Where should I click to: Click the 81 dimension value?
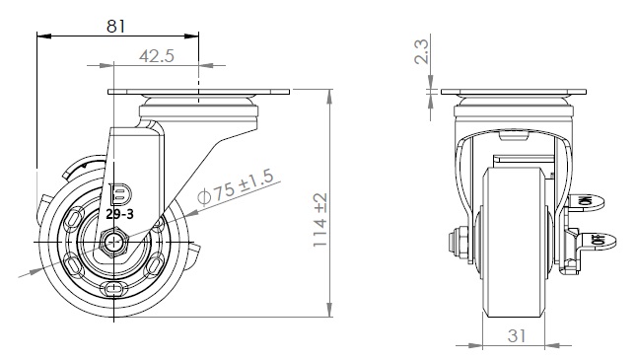[x=115, y=27]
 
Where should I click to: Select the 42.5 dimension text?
[x=157, y=55]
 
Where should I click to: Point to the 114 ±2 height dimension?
[x=320, y=219]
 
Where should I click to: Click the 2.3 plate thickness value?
[x=421, y=51]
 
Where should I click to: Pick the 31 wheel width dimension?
[x=517, y=335]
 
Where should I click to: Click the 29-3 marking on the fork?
[x=119, y=214]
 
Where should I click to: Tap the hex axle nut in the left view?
[x=115, y=243]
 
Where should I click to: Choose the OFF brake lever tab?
[x=599, y=241]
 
